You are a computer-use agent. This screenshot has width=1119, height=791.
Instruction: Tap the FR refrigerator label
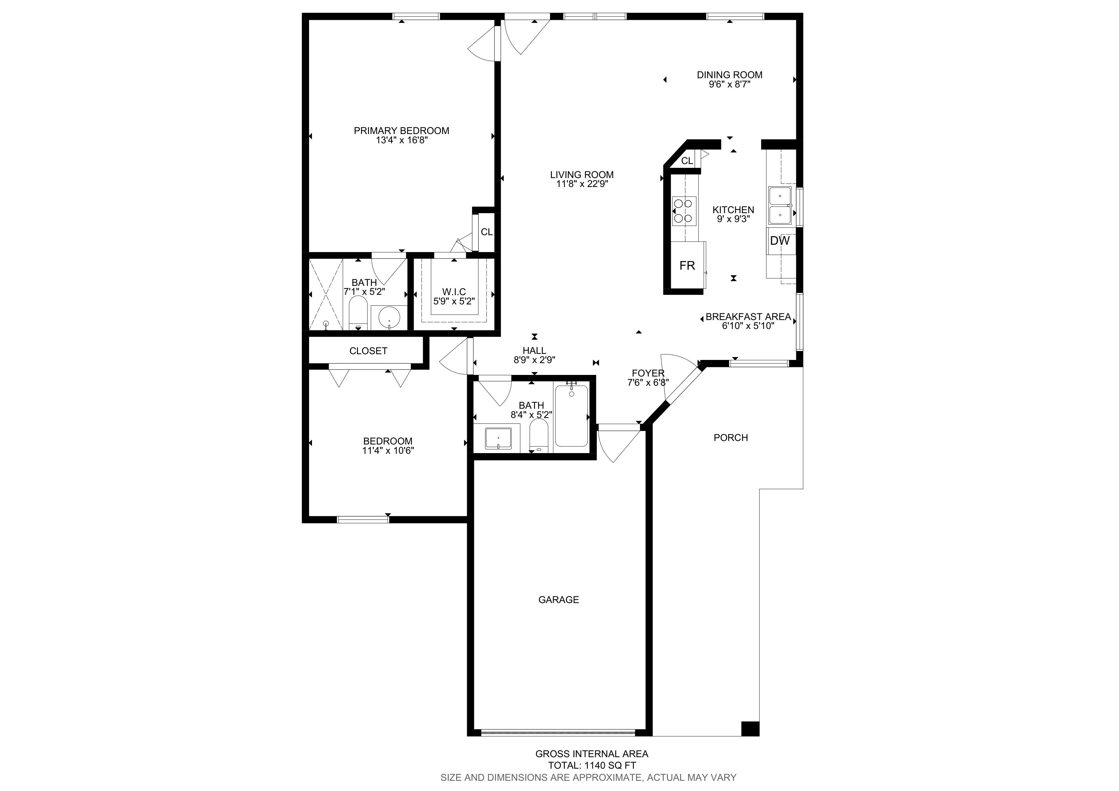click(x=687, y=265)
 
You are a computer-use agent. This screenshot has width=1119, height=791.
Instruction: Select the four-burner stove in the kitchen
click(x=684, y=211)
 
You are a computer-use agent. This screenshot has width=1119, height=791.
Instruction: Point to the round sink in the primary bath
click(x=389, y=317)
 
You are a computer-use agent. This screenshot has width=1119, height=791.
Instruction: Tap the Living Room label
click(x=582, y=175)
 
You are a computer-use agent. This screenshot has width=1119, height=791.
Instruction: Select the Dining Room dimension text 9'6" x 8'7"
click(x=730, y=84)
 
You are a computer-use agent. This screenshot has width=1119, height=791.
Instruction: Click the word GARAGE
click(x=559, y=600)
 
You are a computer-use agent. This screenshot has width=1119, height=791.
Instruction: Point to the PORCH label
click(x=730, y=438)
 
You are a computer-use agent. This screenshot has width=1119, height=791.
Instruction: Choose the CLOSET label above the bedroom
click(x=368, y=351)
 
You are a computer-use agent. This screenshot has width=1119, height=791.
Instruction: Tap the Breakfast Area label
click(x=748, y=317)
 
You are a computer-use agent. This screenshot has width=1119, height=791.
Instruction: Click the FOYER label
click(x=648, y=373)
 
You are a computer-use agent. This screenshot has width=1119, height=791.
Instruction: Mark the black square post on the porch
click(x=750, y=728)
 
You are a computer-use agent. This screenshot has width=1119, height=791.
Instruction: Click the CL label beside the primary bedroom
click(x=486, y=232)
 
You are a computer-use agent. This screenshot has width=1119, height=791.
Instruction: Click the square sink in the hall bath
click(x=498, y=439)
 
